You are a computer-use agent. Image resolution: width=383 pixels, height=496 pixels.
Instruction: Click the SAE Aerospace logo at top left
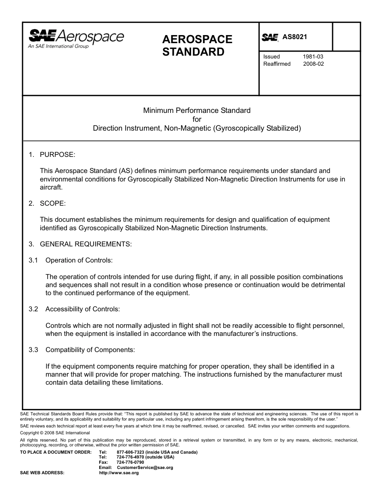coord(76,37)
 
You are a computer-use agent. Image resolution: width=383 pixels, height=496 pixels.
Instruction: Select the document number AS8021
coord(295,37)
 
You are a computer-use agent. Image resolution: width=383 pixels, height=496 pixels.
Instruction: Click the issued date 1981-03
coord(313,57)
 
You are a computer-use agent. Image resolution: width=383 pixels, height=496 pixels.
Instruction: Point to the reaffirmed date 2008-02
coord(313,64)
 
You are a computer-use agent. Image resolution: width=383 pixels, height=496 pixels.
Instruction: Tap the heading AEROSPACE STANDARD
coord(197,46)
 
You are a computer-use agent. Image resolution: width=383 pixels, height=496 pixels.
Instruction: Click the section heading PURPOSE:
coord(58,154)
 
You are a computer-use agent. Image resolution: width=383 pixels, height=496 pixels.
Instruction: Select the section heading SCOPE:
coord(52,203)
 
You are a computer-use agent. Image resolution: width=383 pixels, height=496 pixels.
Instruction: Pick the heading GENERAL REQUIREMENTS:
coord(86,244)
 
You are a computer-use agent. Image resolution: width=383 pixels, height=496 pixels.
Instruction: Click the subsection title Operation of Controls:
coord(79,260)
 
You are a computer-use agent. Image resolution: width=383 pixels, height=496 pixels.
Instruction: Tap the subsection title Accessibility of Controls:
coord(83,309)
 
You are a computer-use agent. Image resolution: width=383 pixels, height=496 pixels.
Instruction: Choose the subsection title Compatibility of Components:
coord(90,350)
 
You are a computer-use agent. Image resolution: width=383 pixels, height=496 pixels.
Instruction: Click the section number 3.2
coord(33,309)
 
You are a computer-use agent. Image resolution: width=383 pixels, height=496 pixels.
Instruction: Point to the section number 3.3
coord(33,350)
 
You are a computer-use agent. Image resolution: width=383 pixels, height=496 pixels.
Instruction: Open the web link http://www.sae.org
coord(119,473)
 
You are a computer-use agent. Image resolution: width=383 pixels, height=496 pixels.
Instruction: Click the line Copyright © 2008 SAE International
coord(55,433)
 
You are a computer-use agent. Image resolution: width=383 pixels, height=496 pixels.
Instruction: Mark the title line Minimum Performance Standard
coord(197,110)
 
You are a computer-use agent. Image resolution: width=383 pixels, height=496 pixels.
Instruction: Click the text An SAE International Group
coord(58,46)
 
